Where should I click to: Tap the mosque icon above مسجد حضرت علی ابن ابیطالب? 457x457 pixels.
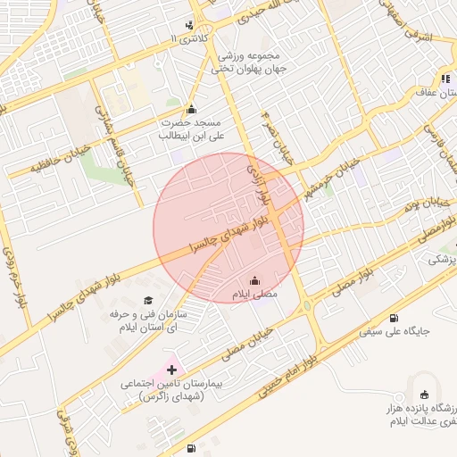pyautogui.click(x=190, y=109)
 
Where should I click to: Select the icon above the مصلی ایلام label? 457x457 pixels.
pyautogui.click(x=255, y=280)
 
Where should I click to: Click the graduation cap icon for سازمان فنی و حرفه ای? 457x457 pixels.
pyautogui.click(x=148, y=301)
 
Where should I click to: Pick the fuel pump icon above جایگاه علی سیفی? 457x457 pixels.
pyautogui.click(x=394, y=319)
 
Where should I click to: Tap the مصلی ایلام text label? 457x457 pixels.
pyautogui.click(x=255, y=294)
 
